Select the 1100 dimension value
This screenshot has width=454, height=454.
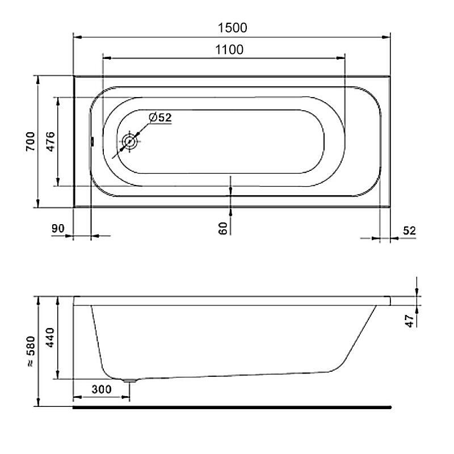click(229, 50)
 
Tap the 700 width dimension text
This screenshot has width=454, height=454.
click(31, 141)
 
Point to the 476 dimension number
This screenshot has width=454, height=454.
click(51, 141)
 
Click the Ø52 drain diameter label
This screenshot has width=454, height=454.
click(159, 118)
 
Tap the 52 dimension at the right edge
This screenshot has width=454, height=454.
click(409, 230)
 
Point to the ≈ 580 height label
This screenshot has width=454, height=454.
click(31, 352)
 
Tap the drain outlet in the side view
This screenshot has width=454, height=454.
click(131, 381)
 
